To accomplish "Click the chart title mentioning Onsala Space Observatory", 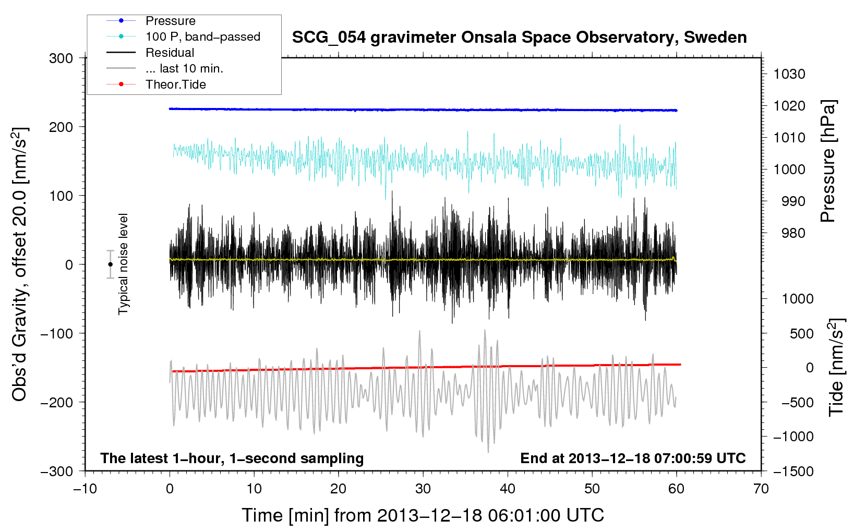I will (x=519, y=38).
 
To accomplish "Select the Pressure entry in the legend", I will (x=170, y=21).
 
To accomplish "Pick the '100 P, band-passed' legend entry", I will (x=202, y=37).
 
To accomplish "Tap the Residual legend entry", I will (x=170, y=53).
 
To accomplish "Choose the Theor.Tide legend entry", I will (x=175, y=84).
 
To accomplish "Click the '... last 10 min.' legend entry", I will (x=184, y=68).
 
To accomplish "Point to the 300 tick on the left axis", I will (x=61, y=58).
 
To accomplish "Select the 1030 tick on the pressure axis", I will (x=789, y=74).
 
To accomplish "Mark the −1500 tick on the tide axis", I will (x=793, y=471).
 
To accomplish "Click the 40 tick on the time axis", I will (x=508, y=489).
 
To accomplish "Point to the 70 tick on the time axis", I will (x=761, y=489).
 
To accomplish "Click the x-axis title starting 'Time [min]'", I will (x=423, y=515).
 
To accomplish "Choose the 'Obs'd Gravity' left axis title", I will (x=20, y=264).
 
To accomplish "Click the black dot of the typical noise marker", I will (x=110, y=264).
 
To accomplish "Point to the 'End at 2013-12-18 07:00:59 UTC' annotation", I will (x=633, y=458).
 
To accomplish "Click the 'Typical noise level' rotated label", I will (x=123, y=264).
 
